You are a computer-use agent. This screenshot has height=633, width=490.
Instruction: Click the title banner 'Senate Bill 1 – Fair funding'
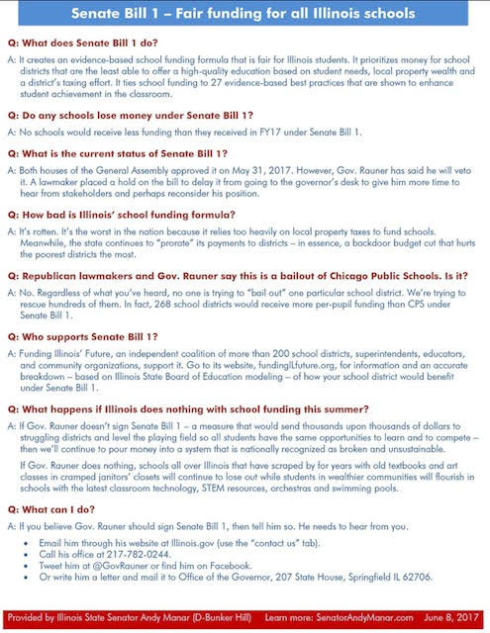point(245,15)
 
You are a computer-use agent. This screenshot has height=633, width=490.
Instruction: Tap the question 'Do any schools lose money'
point(118,117)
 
